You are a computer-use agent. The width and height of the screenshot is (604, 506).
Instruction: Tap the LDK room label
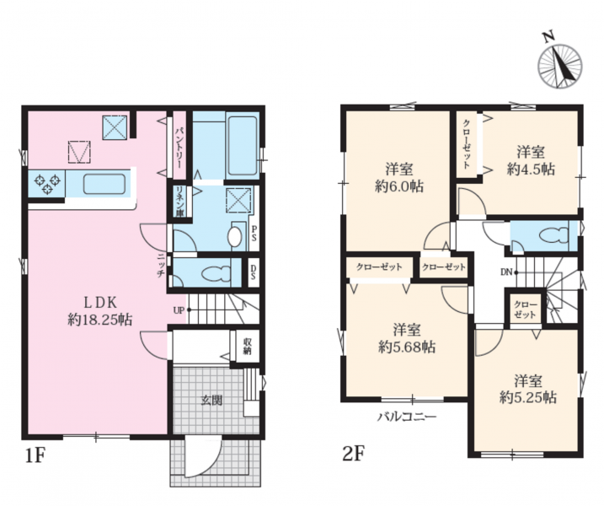[x=100, y=303]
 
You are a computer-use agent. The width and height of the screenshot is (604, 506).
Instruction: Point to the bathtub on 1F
[x=243, y=146]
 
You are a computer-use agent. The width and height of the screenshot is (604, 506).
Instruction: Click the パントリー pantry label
[x=179, y=146]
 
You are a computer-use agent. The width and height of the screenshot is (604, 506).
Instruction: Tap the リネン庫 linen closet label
[x=179, y=202]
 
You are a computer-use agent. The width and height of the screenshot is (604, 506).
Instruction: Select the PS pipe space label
[x=254, y=234]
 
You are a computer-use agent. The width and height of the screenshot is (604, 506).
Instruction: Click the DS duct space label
[x=254, y=272]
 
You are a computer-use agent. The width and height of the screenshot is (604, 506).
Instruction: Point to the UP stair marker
[x=182, y=310]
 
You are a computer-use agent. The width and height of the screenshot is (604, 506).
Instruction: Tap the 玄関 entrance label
[x=211, y=400]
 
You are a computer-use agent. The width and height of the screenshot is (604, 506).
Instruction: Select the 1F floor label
[x=36, y=456]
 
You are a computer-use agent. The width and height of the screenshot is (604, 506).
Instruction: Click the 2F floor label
[x=354, y=454]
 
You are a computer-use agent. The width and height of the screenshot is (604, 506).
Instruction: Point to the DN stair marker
[x=509, y=272]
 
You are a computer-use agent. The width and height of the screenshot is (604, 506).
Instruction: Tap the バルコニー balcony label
[x=407, y=417]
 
